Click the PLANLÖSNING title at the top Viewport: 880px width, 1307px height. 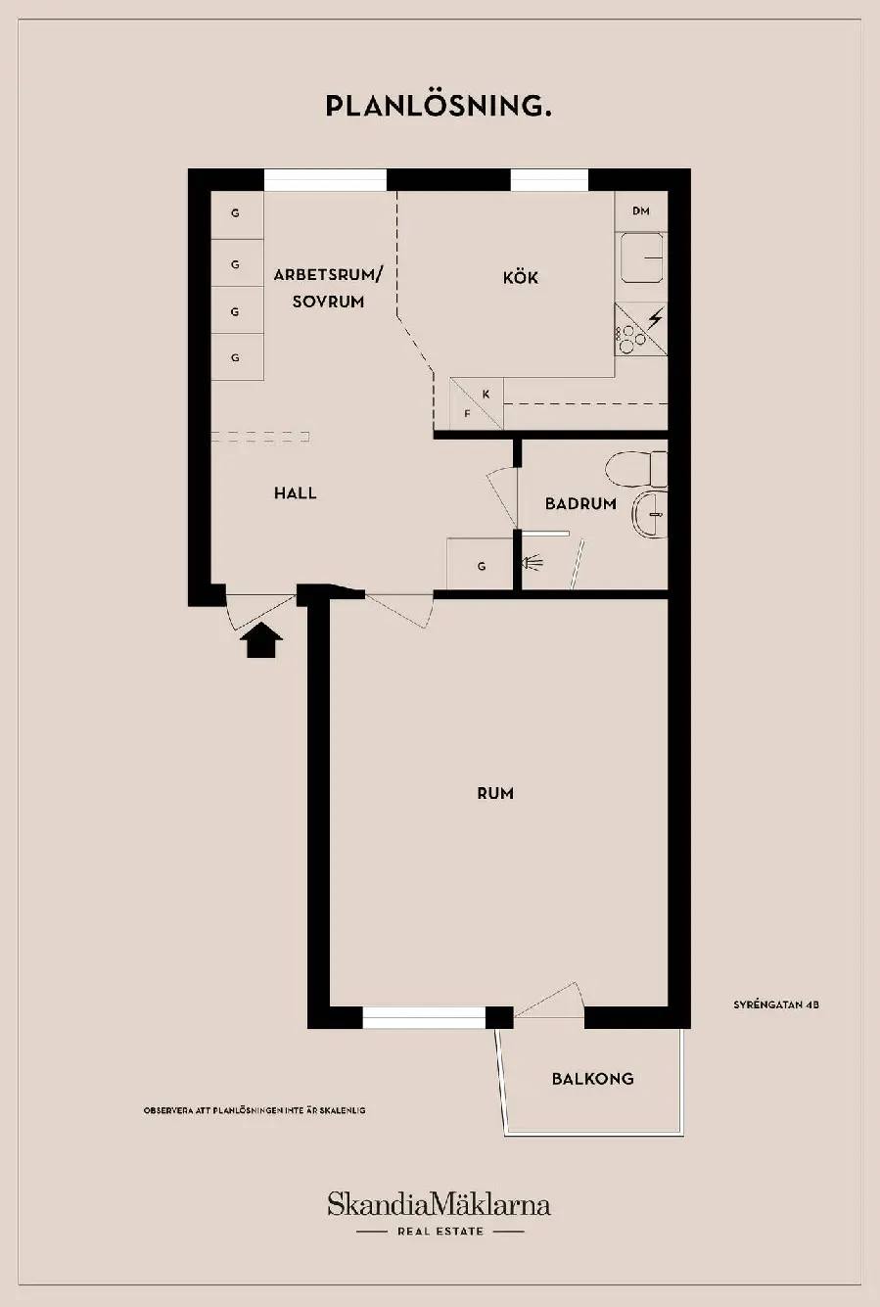click(439, 106)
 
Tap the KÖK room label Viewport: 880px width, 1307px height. click(521, 277)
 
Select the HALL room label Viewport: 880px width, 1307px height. click(296, 493)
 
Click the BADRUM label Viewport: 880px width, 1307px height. click(580, 503)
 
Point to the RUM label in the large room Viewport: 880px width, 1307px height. click(495, 794)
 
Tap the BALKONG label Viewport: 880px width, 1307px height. click(593, 1079)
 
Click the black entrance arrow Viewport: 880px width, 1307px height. click(260, 639)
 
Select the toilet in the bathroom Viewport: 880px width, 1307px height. click(636, 469)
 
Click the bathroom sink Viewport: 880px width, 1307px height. click(650, 514)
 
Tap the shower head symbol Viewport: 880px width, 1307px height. click(533, 563)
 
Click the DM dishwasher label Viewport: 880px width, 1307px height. click(641, 210)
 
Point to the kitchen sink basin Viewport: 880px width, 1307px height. click(642, 257)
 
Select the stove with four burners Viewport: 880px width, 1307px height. click(641, 329)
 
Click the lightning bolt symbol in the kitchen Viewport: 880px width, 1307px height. click(656, 317)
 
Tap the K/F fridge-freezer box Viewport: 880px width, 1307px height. click(476, 403)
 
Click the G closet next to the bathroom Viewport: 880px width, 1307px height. click(480, 564)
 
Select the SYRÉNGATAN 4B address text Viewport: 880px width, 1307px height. click(776, 1005)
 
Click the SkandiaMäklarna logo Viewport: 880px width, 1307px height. click(439, 1205)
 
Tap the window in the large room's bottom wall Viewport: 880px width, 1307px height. click(424, 1017)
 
